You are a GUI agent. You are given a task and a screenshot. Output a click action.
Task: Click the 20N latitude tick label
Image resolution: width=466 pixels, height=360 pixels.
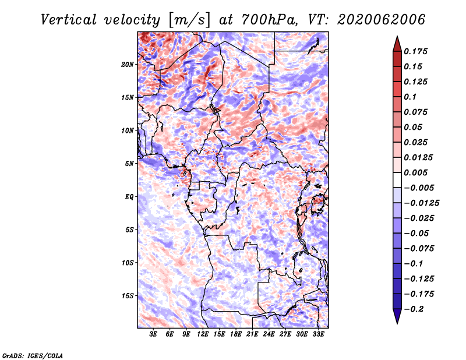click(x=128, y=65)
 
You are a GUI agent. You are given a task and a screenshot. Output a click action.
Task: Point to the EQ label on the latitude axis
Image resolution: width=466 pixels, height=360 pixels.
click(x=129, y=197)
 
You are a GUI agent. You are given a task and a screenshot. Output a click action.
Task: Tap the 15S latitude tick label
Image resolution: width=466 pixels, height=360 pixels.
click(x=128, y=296)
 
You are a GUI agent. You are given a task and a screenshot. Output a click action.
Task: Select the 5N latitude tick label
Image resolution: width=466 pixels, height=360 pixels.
click(x=129, y=164)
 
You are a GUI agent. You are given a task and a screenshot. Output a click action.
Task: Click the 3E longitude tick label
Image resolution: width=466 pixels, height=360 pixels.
click(x=153, y=334)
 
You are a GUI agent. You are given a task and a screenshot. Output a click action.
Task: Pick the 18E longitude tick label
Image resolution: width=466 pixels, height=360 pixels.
click(x=236, y=334)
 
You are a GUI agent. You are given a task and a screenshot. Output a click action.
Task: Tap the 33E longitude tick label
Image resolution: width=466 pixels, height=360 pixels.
click(x=318, y=334)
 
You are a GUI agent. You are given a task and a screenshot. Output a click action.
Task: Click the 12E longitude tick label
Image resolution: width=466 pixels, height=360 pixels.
click(x=203, y=334)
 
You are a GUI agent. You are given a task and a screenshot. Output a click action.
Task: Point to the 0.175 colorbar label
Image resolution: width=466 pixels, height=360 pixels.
click(x=415, y=51)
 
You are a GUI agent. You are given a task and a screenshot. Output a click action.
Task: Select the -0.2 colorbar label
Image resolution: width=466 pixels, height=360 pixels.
click(x=414, y=309)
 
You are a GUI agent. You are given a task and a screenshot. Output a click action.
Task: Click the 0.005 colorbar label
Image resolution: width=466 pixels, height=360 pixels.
click(x=415, y=172)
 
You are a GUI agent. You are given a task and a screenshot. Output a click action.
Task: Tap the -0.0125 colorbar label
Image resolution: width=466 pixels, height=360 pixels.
click(x=421, y=203)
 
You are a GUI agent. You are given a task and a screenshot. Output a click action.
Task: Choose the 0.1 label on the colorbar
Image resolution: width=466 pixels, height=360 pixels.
click(x=410, y=97)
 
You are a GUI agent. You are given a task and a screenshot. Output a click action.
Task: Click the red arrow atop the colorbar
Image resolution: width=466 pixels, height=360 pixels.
click(x=397, y=44)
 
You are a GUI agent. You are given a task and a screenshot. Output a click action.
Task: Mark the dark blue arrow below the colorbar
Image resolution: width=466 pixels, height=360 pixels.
click(x=397, y=316)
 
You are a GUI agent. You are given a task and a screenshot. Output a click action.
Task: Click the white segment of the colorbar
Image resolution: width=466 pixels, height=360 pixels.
click(x=397, y=180)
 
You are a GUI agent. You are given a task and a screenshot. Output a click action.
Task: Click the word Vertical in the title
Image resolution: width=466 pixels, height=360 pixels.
click(x=69, y=20)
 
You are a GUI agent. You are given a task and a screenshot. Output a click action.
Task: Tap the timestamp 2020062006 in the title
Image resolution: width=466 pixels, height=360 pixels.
click(x=382, y=20)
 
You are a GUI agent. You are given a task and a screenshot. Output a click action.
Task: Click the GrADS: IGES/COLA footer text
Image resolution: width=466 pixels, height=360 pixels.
click(x=33, y=356)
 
